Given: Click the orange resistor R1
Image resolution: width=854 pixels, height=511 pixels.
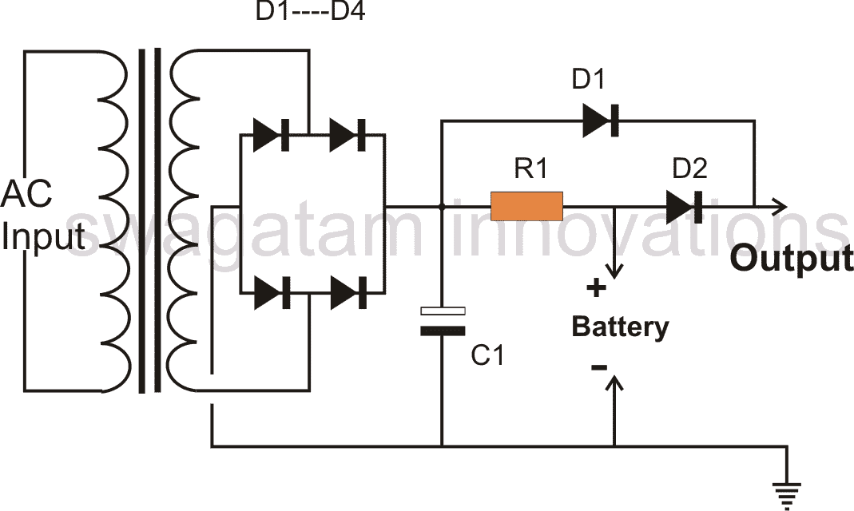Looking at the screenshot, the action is [x=526, y=206].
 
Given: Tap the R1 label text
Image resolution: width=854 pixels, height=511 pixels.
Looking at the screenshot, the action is [x=531, y=168].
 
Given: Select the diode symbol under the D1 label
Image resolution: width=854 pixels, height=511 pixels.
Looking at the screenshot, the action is [x=601, y=121].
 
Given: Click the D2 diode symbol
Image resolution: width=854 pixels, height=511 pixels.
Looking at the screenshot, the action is [x=684, y=207].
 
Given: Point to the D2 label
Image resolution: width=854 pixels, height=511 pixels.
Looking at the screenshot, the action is [x=690, y=168].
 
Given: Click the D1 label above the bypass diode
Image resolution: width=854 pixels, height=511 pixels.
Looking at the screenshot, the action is [x=589, y=79].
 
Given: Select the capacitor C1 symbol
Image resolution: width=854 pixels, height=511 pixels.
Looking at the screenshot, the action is [x=443, y=321].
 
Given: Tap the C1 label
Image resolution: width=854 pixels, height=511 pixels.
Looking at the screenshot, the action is [x=487, y=355].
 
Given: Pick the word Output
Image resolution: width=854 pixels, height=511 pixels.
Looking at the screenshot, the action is [x=792, y=258].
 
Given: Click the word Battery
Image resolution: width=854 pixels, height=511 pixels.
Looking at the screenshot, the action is [x=621, y=327].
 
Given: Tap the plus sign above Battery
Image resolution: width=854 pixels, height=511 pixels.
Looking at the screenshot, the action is [x=597, y=287].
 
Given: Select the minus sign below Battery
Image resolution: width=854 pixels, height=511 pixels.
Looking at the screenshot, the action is [x=598, y=368].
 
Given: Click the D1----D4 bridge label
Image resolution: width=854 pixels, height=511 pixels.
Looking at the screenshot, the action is [x=310, y=11].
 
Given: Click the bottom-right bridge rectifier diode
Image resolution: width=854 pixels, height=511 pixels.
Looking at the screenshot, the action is [x=348, y=293].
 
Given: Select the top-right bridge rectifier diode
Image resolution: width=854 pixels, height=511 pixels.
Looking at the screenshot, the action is [x=348, y=134].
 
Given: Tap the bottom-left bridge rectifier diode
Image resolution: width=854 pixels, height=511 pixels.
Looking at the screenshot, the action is [x=272, y=293].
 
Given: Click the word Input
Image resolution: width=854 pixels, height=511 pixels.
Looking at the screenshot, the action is [x=44, y=236].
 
